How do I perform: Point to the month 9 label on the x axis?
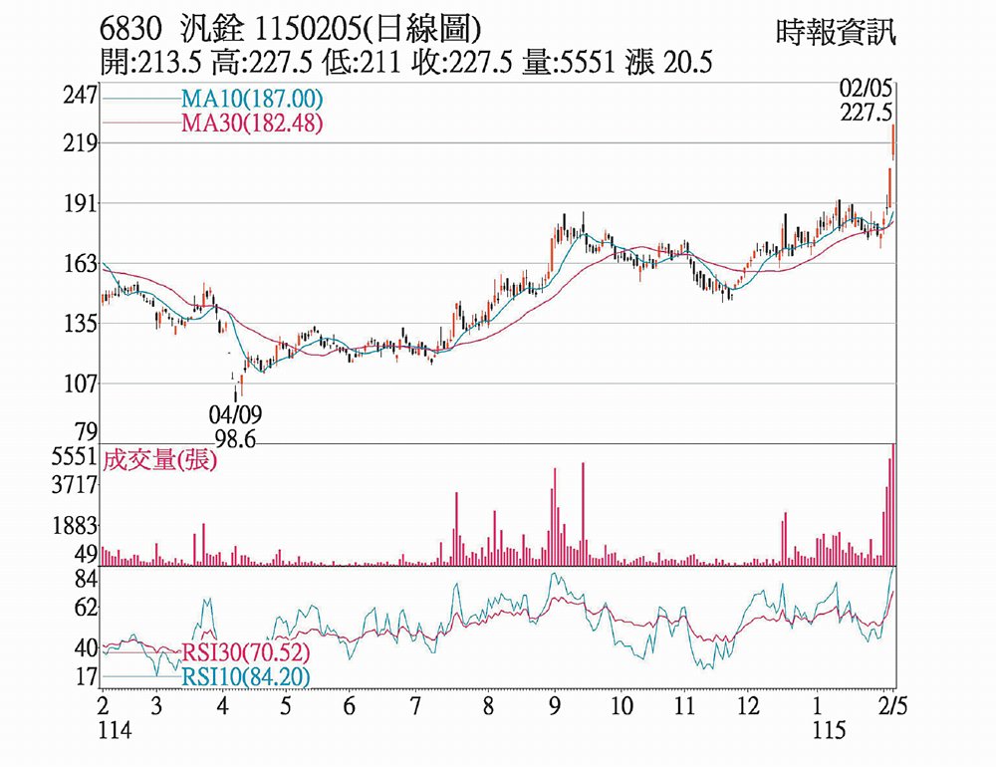[x=554, y=708]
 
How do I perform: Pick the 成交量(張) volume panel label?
[x=159, y=460]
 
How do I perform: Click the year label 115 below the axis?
[x=829, y=731]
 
